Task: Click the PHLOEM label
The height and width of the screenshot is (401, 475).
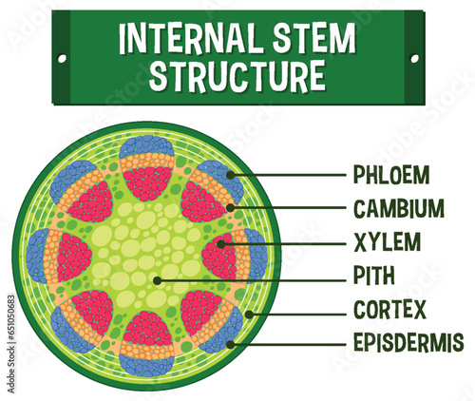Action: [390, 175]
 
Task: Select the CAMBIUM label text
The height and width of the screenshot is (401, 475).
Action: [398, 208]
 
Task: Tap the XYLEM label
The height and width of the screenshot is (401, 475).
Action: [386, 242]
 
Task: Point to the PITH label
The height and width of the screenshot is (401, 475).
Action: [375, 277]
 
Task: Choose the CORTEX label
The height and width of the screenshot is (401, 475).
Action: [389, 311]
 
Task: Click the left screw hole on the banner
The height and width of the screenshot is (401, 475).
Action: [63, 58]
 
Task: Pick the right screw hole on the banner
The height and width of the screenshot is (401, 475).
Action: [414, 58]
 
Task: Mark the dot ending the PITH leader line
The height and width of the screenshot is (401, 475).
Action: [157, 279]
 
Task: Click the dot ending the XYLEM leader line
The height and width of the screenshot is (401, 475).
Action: [221, 243]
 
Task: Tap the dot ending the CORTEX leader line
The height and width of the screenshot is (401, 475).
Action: [249, 312]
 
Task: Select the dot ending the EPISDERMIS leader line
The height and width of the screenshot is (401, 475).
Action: [231, 343]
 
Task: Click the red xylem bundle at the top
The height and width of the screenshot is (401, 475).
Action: [148, 181]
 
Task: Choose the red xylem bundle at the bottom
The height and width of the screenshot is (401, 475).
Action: [148, 328]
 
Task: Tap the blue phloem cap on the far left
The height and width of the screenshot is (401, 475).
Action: [38, 256]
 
